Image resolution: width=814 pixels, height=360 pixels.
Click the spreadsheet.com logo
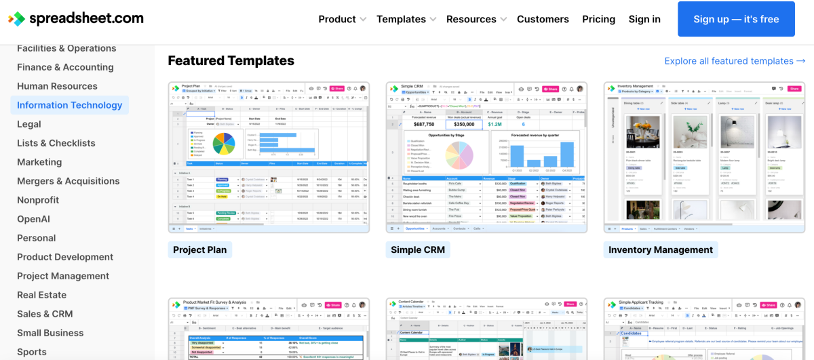[76, 18]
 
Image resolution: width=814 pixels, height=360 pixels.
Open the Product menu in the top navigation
[342, 19]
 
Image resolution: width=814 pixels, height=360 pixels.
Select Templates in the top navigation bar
[406, 19]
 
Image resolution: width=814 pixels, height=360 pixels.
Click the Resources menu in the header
[476, 19]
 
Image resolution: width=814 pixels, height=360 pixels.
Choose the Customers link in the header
[543, 19]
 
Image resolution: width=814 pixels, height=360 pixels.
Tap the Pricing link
[598, 19]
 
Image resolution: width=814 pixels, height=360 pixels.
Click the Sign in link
[644, 19]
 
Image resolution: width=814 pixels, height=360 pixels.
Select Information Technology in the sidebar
[69, 105]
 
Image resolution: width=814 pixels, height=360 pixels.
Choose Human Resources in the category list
[57, 86]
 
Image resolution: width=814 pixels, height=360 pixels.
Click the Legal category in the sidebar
[29, 124]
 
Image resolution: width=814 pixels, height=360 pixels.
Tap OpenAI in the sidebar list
[33, 219]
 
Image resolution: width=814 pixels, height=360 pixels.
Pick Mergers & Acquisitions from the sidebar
[68, 181]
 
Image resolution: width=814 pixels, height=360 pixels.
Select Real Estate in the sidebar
[41, 295]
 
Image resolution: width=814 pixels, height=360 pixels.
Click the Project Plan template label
[199, 249]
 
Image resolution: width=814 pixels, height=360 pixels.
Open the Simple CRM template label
[418, 249]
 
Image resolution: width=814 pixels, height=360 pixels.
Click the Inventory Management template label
[660, 249]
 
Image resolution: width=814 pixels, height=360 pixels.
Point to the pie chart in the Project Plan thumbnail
[223, 143]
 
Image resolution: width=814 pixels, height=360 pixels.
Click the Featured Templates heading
[231, 60]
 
